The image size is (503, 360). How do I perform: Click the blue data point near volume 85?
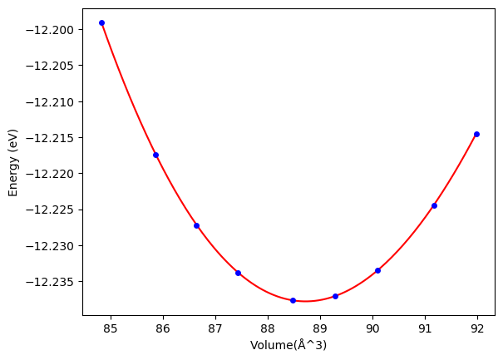coord(101,22)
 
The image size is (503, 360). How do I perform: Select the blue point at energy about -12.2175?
coord(155,155)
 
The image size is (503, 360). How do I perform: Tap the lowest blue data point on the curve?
coord(293,300)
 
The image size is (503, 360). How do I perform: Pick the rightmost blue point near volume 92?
coord(476,134)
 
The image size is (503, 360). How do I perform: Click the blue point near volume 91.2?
coord(434,205)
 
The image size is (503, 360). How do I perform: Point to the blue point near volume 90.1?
coord(377,270)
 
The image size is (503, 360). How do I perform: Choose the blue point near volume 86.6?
coord(196,225)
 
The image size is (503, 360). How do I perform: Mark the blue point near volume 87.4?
coord(238,273)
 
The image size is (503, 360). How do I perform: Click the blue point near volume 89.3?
coord(335,296)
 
